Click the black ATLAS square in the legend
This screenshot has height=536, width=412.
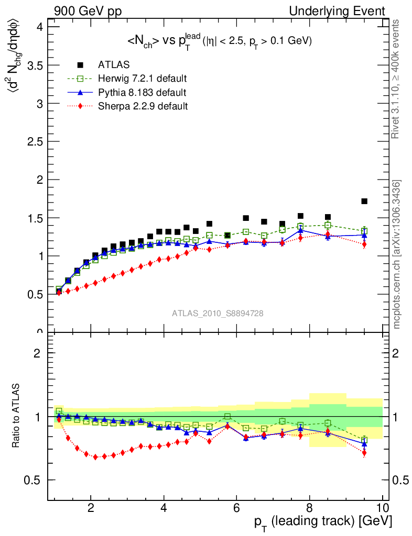tap(80, 65)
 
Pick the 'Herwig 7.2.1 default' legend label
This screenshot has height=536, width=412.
tap(143, 79)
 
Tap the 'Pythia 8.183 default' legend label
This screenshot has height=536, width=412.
tap(142, 93)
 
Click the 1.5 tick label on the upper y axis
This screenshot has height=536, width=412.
tap(32, 218)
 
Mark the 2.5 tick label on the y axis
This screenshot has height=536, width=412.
tap(32, 141)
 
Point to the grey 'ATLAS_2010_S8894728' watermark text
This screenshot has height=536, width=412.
tap(218, 313)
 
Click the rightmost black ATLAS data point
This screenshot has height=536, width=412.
tap(364, 201)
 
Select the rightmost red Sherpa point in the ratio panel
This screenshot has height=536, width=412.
tap(364, 453)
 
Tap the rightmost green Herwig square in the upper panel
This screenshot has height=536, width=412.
tap(364, 231)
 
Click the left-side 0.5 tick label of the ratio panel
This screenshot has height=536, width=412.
tap(32, 481)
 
